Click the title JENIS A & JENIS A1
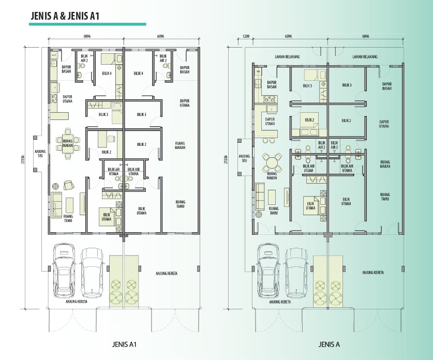65,16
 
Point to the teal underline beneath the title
87,24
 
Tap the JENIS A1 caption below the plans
124,344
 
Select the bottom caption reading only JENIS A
329,344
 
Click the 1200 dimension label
246,36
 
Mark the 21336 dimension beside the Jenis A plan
226,159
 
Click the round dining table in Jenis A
272,162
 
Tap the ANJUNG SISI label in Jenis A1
40,154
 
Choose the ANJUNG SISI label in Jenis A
244,158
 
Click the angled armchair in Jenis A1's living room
68,185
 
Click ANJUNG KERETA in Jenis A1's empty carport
167,273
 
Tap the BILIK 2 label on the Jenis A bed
309,120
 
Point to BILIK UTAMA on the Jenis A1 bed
107,217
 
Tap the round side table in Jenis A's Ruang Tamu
259,215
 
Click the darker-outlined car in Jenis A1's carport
64,271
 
